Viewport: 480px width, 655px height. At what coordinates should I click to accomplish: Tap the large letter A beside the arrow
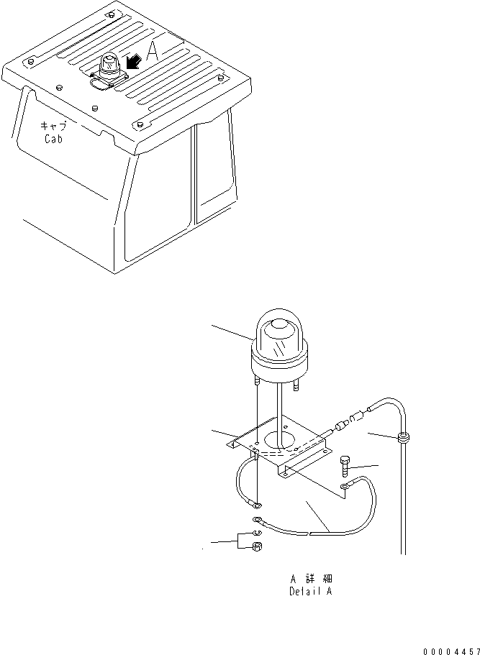(x=153, y=52)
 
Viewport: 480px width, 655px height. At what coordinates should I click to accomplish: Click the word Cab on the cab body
(x=54, y=139)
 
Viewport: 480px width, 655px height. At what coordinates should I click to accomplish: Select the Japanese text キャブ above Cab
(x=53, y=125)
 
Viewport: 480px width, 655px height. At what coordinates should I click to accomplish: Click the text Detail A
(x=310, y=592)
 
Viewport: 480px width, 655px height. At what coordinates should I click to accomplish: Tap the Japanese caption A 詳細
(x=311, y=578)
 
